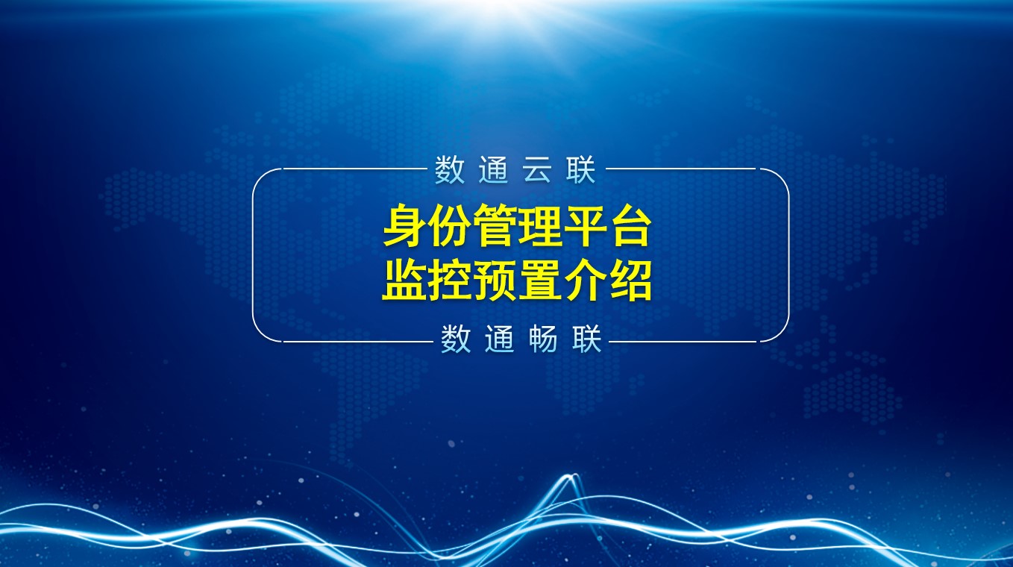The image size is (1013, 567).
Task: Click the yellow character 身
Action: tap(405, 225)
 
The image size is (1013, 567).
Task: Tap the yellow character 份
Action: tap(450, 225)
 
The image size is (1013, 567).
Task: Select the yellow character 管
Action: tap(495, 225)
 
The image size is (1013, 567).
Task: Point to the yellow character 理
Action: tap(539, 225)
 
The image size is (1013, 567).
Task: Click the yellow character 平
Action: tap(584, 225)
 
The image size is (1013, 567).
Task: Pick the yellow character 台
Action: tap(629, 225)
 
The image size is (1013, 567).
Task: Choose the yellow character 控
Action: tap(450, 280)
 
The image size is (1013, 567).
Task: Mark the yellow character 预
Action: tap(495, 280)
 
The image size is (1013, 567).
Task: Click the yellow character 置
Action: tap(539, 280)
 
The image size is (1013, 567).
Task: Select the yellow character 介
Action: tap(584, 280)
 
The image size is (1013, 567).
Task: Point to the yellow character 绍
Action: tap(629, 280)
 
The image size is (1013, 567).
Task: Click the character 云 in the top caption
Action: tap(537, 170)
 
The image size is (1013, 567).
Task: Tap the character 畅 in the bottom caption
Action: tap(543, 339)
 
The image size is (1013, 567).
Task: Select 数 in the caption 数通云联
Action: tap(450, 170)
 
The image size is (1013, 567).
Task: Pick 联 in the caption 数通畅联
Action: tap(586, 339)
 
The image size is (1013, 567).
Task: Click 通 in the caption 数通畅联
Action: tap(499, 339)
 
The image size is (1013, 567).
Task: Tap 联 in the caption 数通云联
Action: tap(580, 170)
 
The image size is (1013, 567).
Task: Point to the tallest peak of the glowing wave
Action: tap(571, 476)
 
